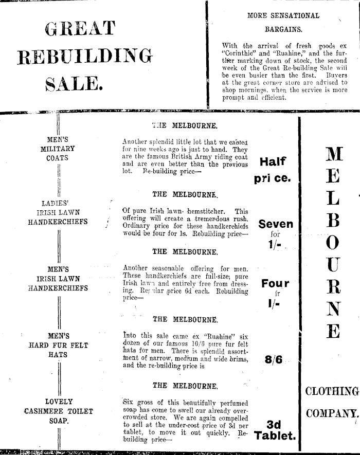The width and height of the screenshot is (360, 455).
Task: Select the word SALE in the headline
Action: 76,83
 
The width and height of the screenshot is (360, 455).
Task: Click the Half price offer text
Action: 273,170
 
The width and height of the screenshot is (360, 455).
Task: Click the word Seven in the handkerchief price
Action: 276,224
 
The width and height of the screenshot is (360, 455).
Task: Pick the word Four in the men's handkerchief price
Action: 275,283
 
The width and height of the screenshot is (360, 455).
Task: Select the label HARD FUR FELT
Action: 58,345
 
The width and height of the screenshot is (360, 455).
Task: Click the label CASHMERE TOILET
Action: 58,411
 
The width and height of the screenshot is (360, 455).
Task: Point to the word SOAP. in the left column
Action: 58,420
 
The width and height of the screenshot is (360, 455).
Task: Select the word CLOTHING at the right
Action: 332,392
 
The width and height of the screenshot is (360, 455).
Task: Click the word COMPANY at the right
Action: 332,413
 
